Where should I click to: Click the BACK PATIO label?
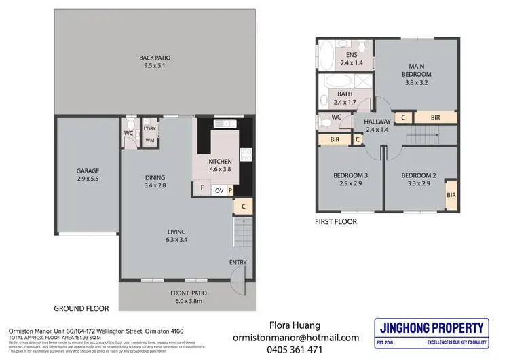click(x=152, y=62)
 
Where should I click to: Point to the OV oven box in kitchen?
click(x=219, y=190)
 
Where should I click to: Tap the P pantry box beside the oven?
click(x=230, y=190)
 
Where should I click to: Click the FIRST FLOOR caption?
click(x=336, y=221)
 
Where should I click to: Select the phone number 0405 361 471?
click(x=296, y=350)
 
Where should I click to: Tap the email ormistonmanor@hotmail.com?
click(x=296, y=337)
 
